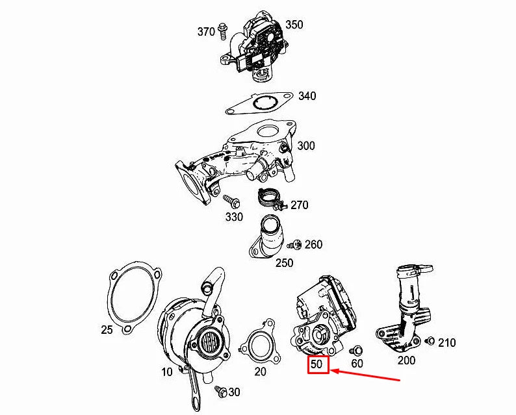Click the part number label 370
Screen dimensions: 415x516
pos(206,32)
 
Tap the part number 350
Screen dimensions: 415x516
pos(294,25)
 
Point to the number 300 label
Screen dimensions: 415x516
pos(305,146)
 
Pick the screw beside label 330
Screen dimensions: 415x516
pos(231,200)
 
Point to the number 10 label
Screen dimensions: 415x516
pos(167,371)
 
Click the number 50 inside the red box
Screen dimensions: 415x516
pos(316,364)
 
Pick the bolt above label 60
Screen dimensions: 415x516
pos(357,350)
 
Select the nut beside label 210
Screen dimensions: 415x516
pos(429,341)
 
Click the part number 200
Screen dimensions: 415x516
pos(406,360)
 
